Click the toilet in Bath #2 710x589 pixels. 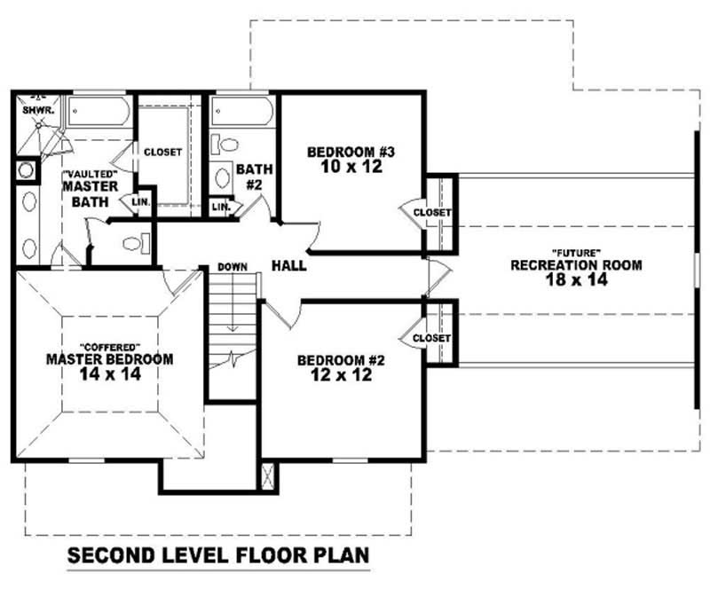[x=227, y=145]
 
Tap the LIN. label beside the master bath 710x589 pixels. [x=140, y=202]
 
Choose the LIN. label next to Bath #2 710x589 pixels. [x=221, y=208]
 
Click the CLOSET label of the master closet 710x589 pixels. [x=162, y=153]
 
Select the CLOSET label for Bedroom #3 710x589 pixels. [x=432, y=213]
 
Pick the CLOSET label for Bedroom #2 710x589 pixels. [x=432, y=338]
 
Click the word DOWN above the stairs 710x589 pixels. [x=233, y=267]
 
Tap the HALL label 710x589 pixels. [x=288, y=265]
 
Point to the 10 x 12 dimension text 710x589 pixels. [x=351, y=166]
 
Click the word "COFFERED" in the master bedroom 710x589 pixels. [x=109, y=346]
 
